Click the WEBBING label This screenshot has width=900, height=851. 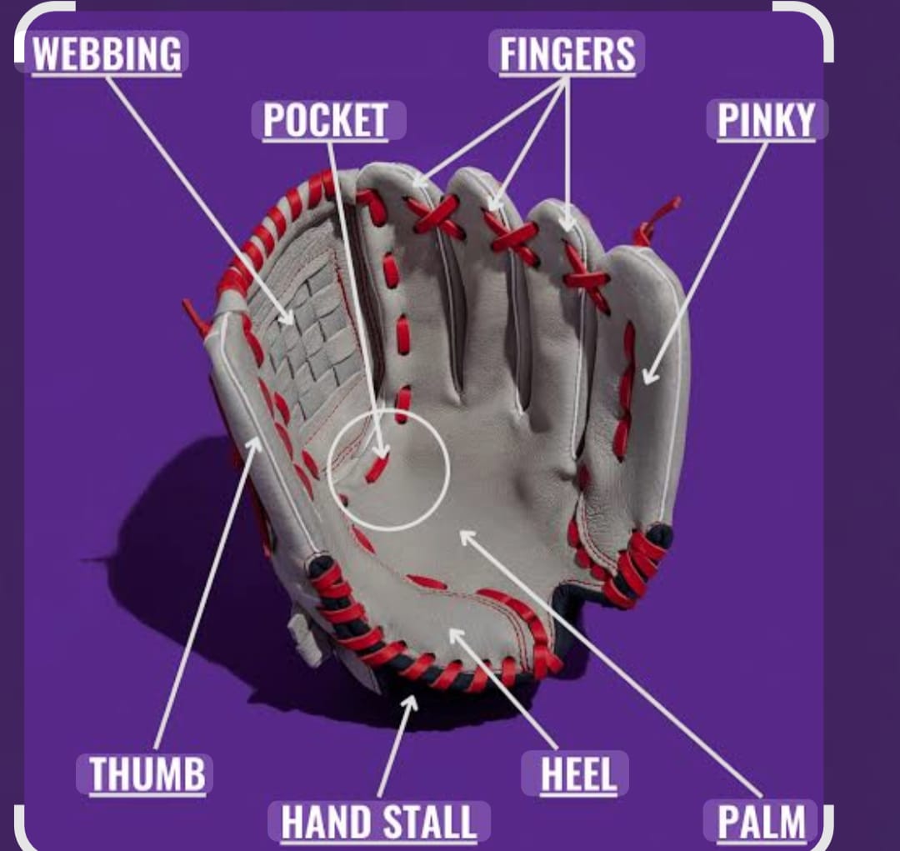[x=107, y=53]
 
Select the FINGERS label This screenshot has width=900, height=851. [x=567, y=53]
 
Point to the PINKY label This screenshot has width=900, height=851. [x=767, y=119]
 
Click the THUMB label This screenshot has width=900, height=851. [x=147, y=773]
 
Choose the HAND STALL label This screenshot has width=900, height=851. [x=379, y=822]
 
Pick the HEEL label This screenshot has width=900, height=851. [x=578, y=773]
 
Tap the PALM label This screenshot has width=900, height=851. [x=762, y=822]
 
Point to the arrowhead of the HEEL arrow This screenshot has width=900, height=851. [x=453, y=634]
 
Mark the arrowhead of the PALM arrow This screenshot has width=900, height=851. [x=465, y=535]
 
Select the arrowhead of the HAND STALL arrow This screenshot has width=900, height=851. [x=412, y=700]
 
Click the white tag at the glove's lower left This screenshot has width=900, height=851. [x=304, y=638]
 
